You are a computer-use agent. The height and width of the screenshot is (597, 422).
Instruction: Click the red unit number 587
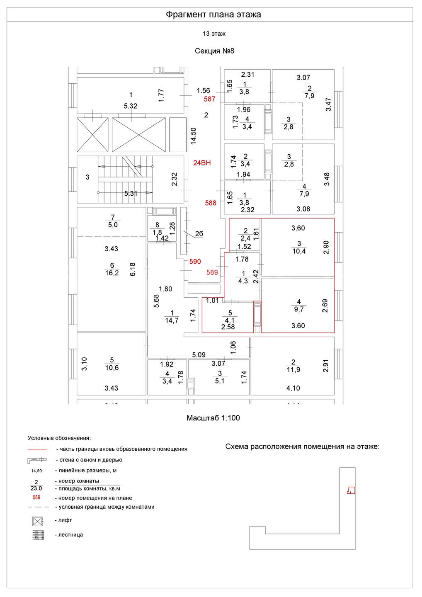coord(209,99)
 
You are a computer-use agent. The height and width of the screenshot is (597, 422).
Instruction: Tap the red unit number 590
coord(195,262)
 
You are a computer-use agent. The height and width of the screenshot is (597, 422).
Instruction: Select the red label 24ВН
coord(202,163)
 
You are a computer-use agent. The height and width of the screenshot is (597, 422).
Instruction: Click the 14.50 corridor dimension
coord(193,136)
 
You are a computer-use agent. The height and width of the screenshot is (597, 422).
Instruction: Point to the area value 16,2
coord(112,273)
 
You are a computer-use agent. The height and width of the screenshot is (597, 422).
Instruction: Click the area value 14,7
coord(172,320)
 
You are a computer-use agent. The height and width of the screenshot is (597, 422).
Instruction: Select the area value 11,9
coord(293,370)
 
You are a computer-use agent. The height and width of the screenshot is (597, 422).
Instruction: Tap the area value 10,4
coord(299,251)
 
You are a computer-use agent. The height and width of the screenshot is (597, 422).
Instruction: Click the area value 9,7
coord(299,309)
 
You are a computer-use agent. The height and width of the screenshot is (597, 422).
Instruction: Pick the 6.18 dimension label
coord(133,269)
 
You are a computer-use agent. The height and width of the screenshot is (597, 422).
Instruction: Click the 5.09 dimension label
coord(199,355)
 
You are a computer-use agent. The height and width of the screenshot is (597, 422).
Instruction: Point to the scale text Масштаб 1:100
coord(213,418)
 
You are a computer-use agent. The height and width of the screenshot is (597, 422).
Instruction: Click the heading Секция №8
coord(214,51)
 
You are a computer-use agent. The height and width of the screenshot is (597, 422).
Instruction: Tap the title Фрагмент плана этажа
coord(213,15)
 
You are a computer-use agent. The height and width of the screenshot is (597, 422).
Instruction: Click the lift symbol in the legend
coord(38,521)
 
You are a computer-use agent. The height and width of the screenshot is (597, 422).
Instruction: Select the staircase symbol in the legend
coord(38,535)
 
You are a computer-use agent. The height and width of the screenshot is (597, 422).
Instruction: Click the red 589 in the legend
coord(36,498)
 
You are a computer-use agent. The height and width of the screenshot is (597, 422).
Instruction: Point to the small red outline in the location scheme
coord(351,490)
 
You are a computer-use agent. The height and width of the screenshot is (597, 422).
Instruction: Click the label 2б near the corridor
coord(199,234)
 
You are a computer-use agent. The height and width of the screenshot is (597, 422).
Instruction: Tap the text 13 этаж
coord(214,34)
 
